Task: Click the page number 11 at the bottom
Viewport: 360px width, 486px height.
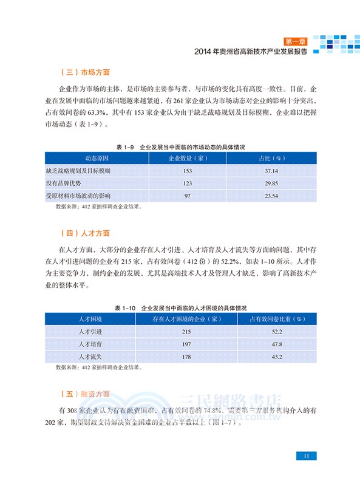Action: point(307,456)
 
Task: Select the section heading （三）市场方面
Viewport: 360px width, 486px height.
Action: point(85,72)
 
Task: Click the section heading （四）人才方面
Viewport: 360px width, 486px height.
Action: point(85,233)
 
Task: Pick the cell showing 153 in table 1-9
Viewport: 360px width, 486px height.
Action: point(187,171)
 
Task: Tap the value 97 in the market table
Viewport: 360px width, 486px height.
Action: point(187,196)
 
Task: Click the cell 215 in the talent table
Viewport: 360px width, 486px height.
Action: point(186,332)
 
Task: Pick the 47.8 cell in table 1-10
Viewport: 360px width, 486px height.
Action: point(278,344)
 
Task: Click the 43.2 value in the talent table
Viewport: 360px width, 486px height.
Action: point(278,356)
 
